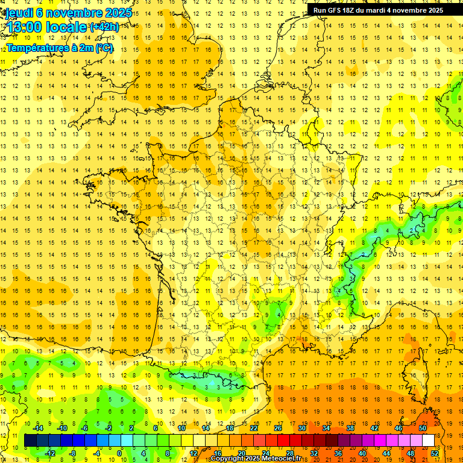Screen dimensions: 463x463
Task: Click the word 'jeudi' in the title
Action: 19,13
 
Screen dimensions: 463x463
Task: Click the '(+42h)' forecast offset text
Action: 104,28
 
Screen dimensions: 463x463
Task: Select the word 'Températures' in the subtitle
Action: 37,48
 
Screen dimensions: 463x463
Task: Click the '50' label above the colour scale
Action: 422,428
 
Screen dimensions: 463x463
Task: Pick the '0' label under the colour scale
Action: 119,453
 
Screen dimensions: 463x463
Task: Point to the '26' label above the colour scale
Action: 278,428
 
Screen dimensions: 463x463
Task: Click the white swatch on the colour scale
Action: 429,441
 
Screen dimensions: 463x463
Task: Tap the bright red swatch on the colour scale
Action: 283,441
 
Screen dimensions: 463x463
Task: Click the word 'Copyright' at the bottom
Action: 227,459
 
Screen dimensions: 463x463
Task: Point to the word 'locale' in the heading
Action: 64,27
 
